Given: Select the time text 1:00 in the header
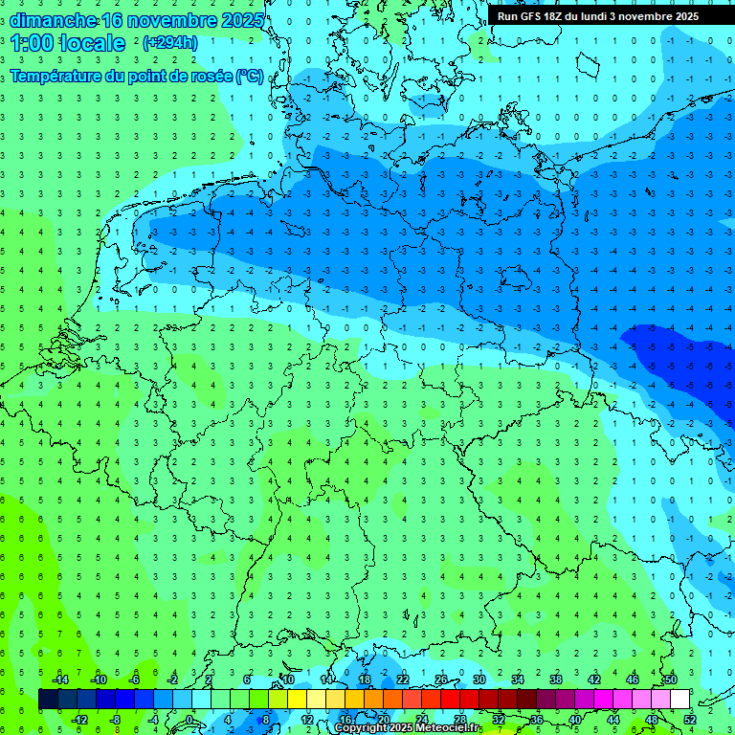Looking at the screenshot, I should pos(32,43).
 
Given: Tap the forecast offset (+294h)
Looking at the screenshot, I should pos(169,43).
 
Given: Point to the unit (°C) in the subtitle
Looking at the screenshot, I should pos(250,76).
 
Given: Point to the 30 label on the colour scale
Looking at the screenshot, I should pos(479,679).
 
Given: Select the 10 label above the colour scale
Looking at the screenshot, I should pos(287,679).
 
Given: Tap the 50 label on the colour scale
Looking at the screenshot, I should pos(670,679).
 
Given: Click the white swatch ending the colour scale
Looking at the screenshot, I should pos(679,700).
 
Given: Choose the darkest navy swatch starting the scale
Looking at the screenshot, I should pos(48,700).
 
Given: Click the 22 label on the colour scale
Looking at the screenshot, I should pos(402,679).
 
